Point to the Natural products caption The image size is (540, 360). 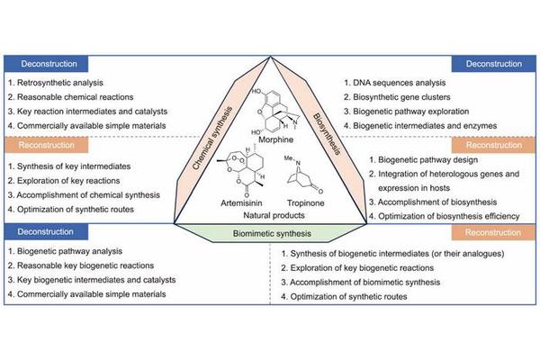269,217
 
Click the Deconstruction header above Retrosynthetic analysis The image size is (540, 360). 47,64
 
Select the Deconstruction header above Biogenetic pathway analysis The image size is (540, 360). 47,232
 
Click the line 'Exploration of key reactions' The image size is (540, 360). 68,179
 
